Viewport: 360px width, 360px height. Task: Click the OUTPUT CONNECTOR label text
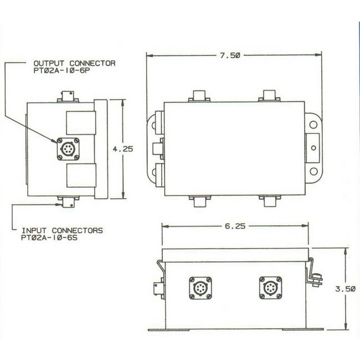pyautogui.click(x=75, y=63)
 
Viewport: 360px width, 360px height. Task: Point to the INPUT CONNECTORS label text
pyautogui.click(x=63, y=229)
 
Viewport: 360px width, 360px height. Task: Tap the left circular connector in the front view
pyautogui.click(x=200, y=288)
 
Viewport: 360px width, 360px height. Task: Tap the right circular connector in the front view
pyautogui.click(x=269, y=288)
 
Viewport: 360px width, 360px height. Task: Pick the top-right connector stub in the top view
pyautogui.click(x=270, y=96)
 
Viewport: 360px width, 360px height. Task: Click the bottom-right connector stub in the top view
pyautogui.click(x=270, y=201)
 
